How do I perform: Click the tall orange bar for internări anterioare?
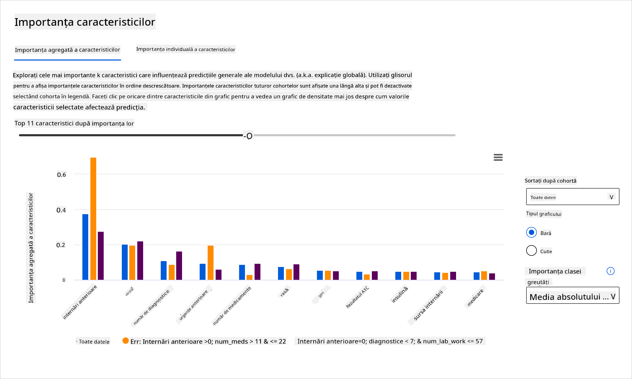coord(93,218)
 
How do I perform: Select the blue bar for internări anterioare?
coord(85,247)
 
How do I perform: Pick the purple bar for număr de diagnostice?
coord(179,265)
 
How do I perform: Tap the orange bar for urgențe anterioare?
coord(211,262)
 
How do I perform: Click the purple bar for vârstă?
coord(140,260)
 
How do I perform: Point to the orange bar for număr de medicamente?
coord(249,277)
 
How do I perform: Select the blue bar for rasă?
coord(281,273)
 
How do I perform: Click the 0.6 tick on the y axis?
coord(61,175)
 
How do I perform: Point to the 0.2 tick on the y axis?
coord(61,245)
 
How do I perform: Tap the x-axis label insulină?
coord(399,295)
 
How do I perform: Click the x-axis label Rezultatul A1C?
coord(357,297)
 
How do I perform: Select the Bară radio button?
coord(531,232)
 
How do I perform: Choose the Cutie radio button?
coord(531,250)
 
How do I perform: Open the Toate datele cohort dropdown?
coord(572,197)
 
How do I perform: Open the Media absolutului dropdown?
coord(572,296)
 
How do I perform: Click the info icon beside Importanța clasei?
coord(610,271)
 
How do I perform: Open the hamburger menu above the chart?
coord(498,157)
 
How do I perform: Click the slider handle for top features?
coord(249,135)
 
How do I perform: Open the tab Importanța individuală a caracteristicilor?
coord(186,49)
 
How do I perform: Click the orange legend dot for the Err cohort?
coord(125,341)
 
